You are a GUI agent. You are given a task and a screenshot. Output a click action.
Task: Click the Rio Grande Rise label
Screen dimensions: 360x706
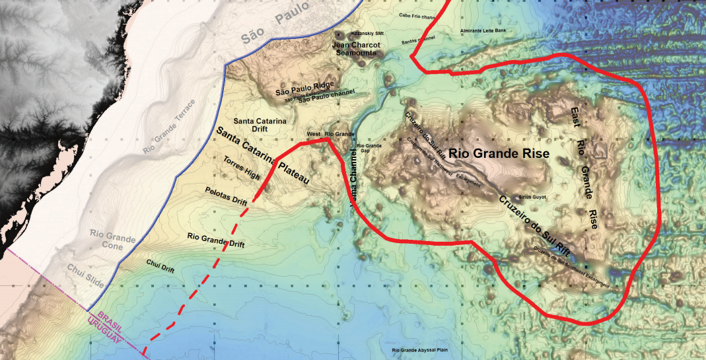pos(499,153)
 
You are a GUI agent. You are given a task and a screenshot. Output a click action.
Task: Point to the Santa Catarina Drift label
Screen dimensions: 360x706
pos(260,126)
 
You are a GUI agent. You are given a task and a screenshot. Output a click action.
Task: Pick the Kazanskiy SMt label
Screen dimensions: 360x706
pos(369,32)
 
